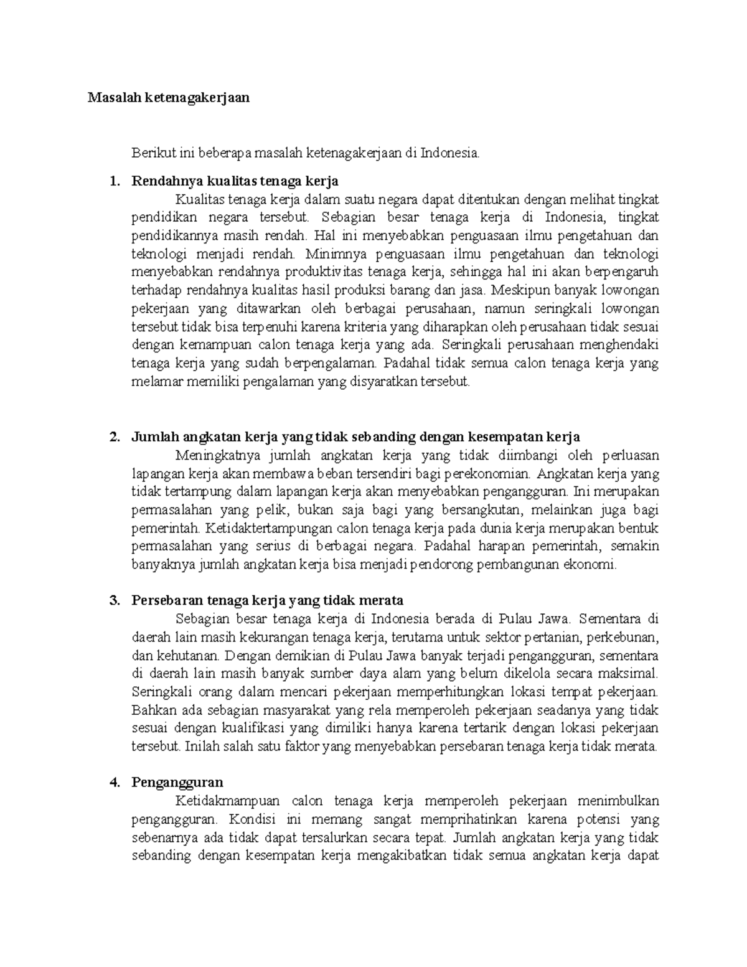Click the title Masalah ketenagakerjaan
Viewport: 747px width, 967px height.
pos(168,97)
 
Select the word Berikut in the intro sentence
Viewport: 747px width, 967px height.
pos(149,152)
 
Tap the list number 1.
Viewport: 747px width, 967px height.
pos(113,182)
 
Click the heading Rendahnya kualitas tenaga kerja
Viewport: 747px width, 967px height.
pos(235,182)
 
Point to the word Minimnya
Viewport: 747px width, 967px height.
pos(332,254)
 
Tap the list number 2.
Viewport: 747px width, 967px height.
pos(113,436)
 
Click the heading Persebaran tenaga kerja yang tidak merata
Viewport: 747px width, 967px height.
pos(267,600)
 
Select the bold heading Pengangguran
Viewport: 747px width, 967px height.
pos(177,782)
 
